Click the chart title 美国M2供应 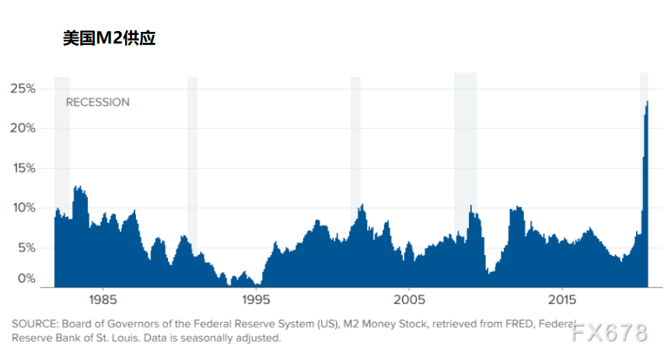pos(109,38)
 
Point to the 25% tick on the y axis pos(23,89)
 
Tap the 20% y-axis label pos(23,128)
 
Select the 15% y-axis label pos(24,168)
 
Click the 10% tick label pos(24,208)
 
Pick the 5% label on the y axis pos(26,247)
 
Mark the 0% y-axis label pos(26,278)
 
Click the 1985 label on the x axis pos(103,299)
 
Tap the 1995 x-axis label pos(256,299)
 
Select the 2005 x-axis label pos(409,299)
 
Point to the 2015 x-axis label pos(562,299)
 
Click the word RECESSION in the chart pos(97,103)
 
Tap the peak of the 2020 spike pos(647,101)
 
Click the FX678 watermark pos(610,333)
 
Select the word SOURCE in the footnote pos(35,324)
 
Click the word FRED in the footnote pos(519,324)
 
